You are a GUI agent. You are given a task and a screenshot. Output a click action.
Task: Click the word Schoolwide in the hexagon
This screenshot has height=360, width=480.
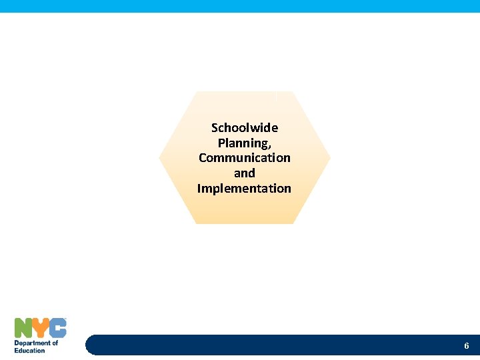(244, 127)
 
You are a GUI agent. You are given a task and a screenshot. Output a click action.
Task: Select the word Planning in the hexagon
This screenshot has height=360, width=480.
(243, 143)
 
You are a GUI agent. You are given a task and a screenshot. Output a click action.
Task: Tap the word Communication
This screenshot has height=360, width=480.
(244, 158)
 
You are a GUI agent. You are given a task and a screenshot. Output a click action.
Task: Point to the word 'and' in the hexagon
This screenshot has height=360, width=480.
(244, 173)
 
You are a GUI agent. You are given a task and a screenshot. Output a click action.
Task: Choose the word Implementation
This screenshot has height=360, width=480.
(244, 189)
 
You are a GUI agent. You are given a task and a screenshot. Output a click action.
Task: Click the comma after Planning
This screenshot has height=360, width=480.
(269, 146)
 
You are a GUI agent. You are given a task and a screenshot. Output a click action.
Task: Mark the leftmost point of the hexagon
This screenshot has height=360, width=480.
(159, 157)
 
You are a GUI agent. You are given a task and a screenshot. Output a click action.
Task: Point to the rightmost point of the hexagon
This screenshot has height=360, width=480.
(330, 157)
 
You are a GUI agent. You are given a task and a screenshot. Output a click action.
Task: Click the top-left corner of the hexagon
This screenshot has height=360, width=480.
(195, 92)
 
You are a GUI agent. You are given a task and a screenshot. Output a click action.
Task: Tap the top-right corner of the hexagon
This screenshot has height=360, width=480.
(293, 92)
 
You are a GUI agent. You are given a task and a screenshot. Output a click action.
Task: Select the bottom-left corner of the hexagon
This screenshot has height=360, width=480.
(195, 223)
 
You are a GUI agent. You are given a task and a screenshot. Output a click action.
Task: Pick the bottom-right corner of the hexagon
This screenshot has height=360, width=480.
(293, 223)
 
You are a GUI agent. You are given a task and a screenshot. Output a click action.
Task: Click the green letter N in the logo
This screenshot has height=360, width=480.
(24, 328)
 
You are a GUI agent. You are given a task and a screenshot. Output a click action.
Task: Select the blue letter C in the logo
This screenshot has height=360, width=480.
(58, 328)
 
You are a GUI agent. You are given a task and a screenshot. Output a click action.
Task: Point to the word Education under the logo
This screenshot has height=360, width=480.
(30, 350)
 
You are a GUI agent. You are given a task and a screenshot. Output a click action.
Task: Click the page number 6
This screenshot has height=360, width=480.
(467, 346)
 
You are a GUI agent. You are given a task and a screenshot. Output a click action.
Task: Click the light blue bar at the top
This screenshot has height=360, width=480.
(240, 6)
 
